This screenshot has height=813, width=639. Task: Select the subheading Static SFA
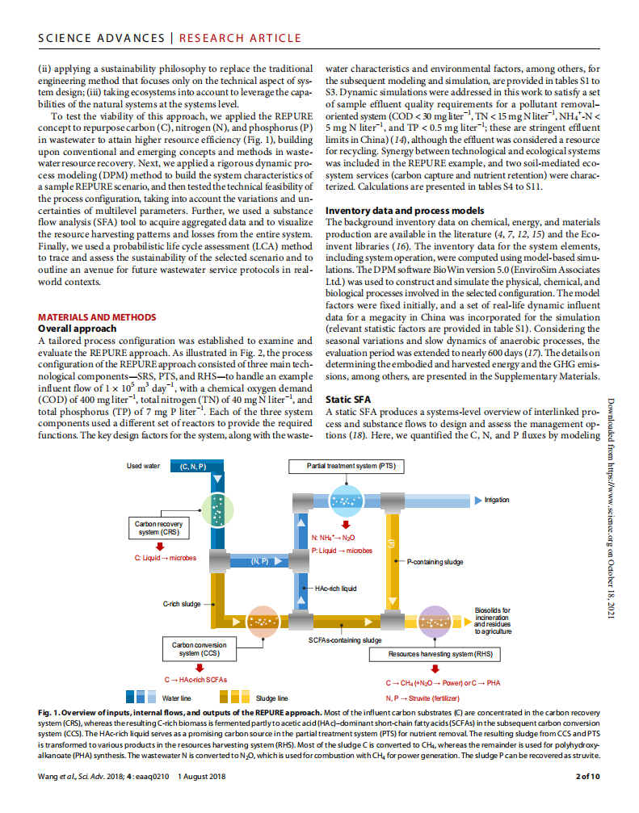click(x=349, y=399)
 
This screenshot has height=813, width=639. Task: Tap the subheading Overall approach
click(x=78, y=329)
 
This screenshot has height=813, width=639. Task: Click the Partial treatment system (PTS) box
click(x=345, y=467)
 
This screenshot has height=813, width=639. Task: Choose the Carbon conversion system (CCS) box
click(x=199, y=649)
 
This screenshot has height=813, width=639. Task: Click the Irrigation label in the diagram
click(x=497, y=500)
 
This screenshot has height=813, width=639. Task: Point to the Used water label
click(x=143, y=467)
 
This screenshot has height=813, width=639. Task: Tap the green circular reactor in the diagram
click(x=216, y=506)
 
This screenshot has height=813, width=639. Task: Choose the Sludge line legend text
click(x=271, y=698)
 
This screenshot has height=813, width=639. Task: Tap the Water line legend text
click(x=177, y=698)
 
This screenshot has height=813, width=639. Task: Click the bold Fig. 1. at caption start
click(x=50, y=713)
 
